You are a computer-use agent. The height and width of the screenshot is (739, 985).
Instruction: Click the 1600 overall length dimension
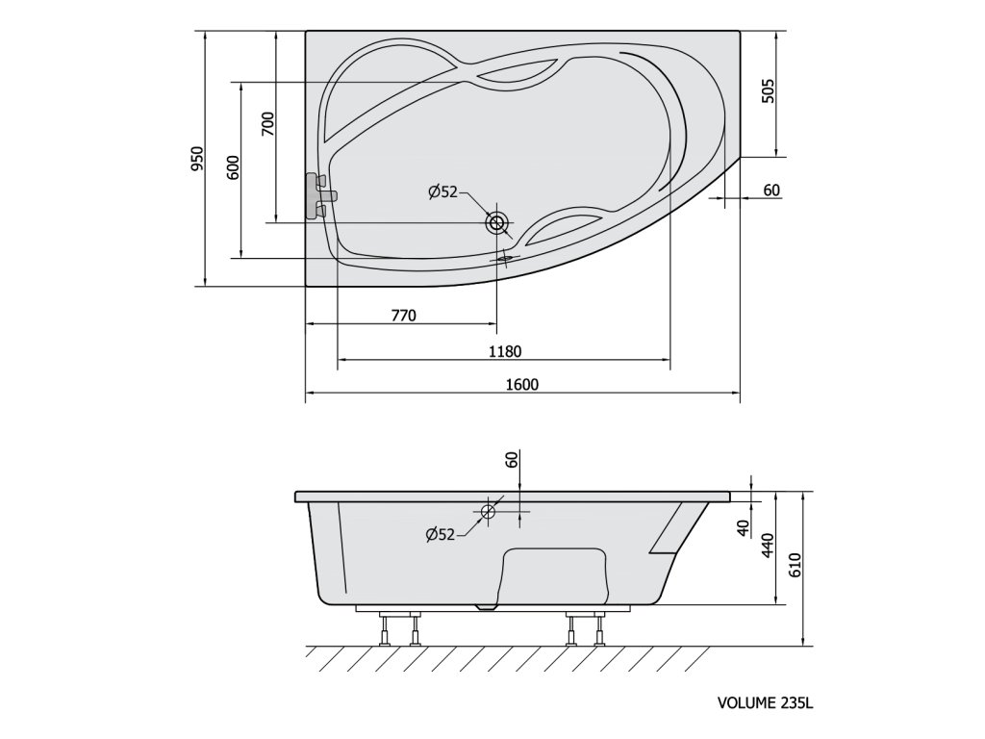(x=521, y=384)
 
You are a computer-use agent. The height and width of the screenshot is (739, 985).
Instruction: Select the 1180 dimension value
(x=505, y=351)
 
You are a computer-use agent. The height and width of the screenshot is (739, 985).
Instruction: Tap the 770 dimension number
(x=403, y=316)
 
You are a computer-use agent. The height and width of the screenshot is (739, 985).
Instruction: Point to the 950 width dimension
(x=197, y=159)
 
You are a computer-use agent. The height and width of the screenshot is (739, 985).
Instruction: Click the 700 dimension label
(x=268, y=124)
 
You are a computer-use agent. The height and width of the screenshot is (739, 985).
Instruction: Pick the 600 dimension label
(x=231, y=167)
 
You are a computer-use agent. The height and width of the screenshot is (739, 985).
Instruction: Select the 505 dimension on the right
(x=767, y=90)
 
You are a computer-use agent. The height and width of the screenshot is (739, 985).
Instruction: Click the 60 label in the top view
(x=770, y=190)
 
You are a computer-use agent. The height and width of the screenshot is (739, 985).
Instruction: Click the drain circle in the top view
(x=497, y=224)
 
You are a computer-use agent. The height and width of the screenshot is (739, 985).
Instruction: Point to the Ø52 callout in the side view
(x=441, y=534)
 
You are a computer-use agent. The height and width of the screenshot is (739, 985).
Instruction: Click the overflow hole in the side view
(x=488, y=512)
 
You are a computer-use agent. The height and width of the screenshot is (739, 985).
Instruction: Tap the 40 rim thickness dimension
(x=742, y=528)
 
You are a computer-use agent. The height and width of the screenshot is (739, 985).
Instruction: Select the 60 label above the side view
(x=512, y=461)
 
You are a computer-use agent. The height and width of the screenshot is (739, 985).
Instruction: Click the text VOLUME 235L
(x=766, y=703)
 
